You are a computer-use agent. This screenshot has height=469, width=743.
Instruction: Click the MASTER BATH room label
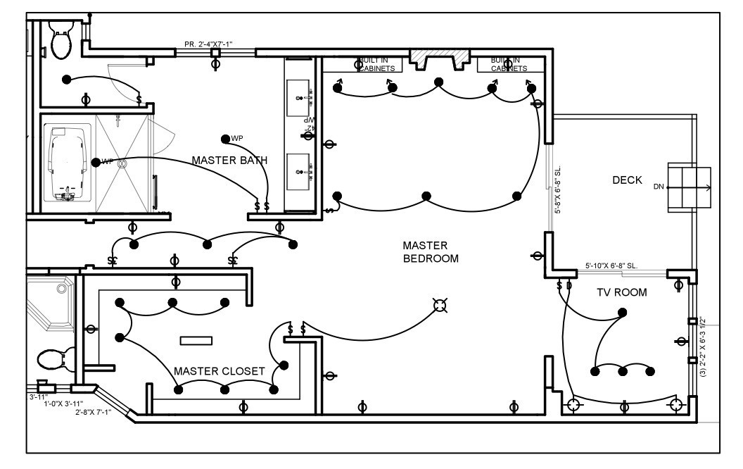[229, 161]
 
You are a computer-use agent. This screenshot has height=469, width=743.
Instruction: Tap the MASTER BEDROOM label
[430, 251]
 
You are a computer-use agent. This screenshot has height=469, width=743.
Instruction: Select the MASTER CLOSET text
[219, 371]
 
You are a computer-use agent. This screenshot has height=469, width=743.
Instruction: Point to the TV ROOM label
[621, 292]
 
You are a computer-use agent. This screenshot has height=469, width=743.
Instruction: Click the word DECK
[627, 180]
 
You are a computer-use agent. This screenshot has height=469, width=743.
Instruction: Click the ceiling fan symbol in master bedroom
[440, 305]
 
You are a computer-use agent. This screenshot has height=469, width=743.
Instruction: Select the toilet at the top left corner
[61, 39]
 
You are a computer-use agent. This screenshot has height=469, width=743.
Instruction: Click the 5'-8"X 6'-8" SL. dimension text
[557, 190]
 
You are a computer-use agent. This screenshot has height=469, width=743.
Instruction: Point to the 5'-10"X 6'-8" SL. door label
[611, 266]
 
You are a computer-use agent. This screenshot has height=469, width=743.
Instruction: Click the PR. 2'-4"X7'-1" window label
[208, 44]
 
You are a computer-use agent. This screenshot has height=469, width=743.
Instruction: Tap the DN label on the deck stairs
[658, 187]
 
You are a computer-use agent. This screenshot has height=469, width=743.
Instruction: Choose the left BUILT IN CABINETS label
[379, 65]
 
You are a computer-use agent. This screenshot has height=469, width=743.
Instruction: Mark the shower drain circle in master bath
[121, 163]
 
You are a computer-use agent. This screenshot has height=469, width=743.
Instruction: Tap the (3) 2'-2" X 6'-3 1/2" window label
[704, 345]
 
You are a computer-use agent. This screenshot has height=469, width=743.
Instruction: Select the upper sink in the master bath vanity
[299, 92]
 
